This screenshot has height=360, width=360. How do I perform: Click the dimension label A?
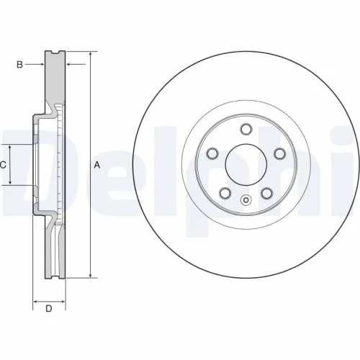(97, 165)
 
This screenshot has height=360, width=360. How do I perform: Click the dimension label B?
(20, 65)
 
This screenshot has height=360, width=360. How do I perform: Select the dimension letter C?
(4, 165)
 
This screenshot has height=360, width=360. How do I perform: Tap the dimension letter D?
(49, 310)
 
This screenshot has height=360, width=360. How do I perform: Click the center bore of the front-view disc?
(246, 165)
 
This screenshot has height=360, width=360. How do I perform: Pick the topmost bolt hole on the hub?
(246, 130)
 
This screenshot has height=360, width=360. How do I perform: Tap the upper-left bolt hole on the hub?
(212, 153)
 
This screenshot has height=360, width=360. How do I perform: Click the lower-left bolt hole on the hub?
(225, 193)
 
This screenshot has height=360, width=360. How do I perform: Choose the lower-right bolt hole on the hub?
(266, 193)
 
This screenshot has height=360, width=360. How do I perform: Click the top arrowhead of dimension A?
(90, 54)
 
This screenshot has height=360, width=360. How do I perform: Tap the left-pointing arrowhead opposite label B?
(70, 65)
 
